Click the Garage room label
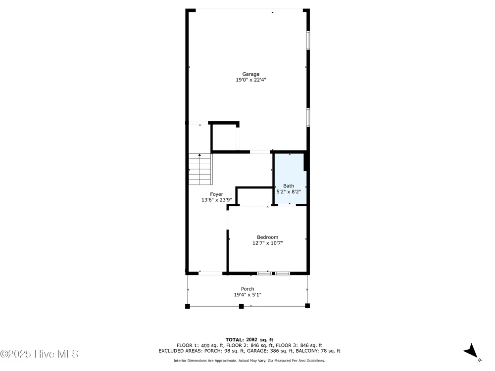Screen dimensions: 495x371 pyautogui.click(x=250, y=74)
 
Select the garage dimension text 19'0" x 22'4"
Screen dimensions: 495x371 pyautogui.click(x=250, y=80)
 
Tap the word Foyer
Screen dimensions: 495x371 pyautogui.click(x=217, y=194)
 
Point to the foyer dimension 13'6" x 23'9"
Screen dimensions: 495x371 pyautogui.click(x=217, y=200)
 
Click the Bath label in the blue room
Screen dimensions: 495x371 pyautogui.click(x=289, y=186)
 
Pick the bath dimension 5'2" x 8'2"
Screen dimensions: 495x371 pyautogui.click(x=289, y=191)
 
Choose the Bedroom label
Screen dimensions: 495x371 pyautogui.click(x=267, y=237)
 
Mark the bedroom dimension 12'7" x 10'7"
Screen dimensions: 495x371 pyautogui.click(x=267, y=243)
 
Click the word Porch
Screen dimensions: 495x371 pyautogui.click(x=247, y=289)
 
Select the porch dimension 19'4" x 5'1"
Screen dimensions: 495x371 pyautogui.click(x=247, y=295)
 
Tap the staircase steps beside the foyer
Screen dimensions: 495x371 pyautogui.click(x=200, y=169)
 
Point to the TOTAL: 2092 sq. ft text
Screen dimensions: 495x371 pyautogui.click(x=249, y=340)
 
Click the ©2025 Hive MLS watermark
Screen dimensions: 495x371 pyautogui.click(x=39, y=354)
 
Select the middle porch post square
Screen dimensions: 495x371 pyautogui.click(x=242, y=306)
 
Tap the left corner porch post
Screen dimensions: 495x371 pyautogui.click(x=188, y=306)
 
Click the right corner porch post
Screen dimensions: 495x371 pyautogui.click(x=307, y=306)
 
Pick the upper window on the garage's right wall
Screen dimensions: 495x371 pyautogui.click(x=308, y=40)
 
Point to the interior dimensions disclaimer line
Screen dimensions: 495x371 pyautogui.click(x=249, y=361)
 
